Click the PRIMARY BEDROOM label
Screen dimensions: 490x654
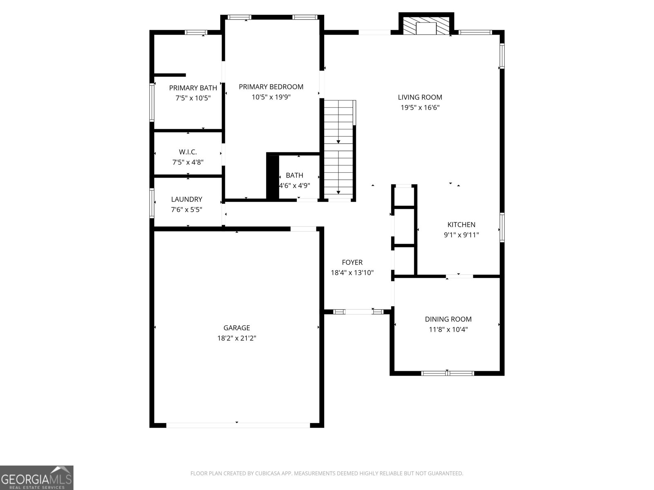[x=271, y=87]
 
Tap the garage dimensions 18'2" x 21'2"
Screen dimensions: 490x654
[x=237, y=338]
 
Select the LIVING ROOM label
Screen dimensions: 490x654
[x=420, y=97]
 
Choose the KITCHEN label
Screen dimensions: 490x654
[x=461, y=225]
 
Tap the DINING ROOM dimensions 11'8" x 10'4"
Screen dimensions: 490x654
[x=448, y=330]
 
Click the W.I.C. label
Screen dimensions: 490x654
[x=188, y=152]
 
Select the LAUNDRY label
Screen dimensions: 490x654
[x=186, y=199]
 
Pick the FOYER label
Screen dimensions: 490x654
[x=352, y=263]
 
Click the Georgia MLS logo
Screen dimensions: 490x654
[x=36, y=477]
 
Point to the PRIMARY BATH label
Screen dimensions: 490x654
[x=193, y=88]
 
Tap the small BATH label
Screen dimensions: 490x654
[x=294, y=176]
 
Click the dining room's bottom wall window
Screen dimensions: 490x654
[x=448, y=373]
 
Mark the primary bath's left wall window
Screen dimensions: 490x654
[x=152, y=102]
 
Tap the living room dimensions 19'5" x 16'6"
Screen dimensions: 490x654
[x=420, y=108]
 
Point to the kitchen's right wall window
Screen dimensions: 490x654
[x=502, y=227]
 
